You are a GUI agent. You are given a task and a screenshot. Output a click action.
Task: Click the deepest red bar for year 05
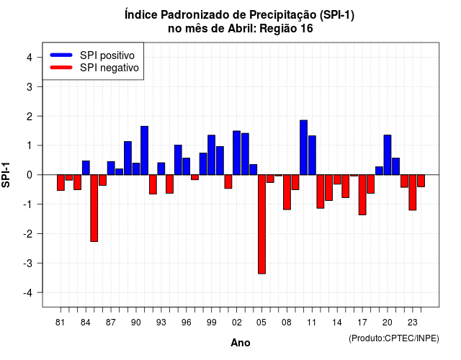[x=261, y=224]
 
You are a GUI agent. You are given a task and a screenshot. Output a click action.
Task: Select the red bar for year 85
[x=94, y=208]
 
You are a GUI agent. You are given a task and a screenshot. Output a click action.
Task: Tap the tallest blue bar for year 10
[x=304, y=148]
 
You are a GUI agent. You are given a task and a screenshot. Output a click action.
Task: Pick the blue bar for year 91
[x=144, y=150]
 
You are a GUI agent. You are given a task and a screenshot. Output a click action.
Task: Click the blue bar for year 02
[x=237, y=153]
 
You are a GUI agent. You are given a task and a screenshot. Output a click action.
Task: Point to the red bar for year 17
[x=362, y=195]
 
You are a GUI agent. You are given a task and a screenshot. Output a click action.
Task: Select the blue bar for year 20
[x=388, y=155]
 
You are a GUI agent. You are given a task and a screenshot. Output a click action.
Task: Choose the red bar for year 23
[x=413, y=192]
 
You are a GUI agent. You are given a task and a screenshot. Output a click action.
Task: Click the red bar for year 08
[x=287, y=192]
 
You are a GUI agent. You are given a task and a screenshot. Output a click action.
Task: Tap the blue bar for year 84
[x=86, y=168]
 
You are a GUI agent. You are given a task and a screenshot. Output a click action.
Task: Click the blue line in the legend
[x=61, y=55]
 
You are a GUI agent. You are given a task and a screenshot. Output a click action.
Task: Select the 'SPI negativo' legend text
[x=109, y=68]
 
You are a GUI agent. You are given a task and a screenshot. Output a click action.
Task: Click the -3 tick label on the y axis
[x=27, y=263]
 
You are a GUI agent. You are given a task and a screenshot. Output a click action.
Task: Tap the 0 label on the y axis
[x=29, y=175]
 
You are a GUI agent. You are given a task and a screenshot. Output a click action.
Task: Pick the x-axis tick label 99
[x=211, y=323]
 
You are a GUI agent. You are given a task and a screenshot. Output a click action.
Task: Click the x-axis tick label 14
[x=337, y=323]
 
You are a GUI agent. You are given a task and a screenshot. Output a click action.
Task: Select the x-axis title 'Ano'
[x=241, y=343]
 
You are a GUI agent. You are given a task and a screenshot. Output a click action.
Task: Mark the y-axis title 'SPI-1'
[x=6, y=175]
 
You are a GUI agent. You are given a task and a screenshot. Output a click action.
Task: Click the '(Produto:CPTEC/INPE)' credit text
[x=394, y=338]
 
